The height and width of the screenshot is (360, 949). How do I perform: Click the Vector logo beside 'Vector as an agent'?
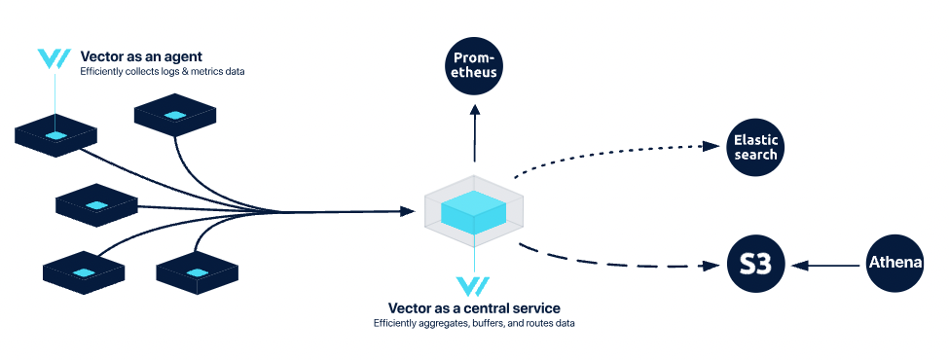(53, 58)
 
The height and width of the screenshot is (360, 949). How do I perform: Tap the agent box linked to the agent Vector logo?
(55, 135)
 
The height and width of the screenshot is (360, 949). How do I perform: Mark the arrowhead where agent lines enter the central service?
(407, 211)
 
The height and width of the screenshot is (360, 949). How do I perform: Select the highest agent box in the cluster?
(175, 116)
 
